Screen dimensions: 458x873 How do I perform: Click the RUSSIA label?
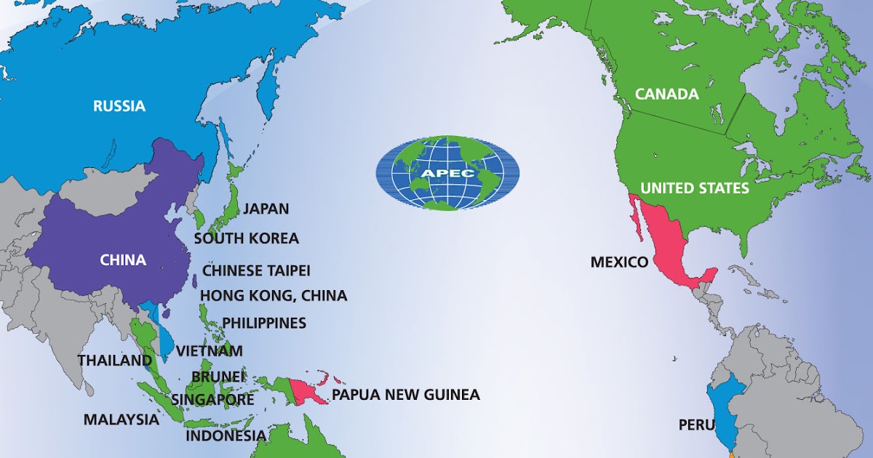coord(119,106)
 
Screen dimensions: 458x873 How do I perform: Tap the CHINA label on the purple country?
coord(123,260)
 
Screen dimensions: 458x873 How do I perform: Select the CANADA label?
coord(666,94)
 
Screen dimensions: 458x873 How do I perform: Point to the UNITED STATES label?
coord(694,188)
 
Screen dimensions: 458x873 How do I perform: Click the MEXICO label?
coord(619,262)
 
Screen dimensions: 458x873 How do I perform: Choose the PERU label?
coord(693,425)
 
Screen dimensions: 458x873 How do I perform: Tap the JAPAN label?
coord(266,209)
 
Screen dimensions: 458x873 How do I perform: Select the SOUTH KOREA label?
coord(246,238)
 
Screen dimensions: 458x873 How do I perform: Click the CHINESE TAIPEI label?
coord(256,270)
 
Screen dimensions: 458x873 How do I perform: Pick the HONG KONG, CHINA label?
coord(274,296)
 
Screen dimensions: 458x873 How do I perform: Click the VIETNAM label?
coord(210,351)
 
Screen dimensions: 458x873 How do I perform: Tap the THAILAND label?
coord(115,361)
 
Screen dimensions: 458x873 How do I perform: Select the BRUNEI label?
coord(218,377)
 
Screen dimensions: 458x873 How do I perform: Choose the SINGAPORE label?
coord(212,400)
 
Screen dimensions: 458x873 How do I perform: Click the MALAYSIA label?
coord(121,419)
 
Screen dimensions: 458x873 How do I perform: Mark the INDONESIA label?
coord(226,436)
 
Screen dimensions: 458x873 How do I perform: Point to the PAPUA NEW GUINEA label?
coord(406,395)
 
